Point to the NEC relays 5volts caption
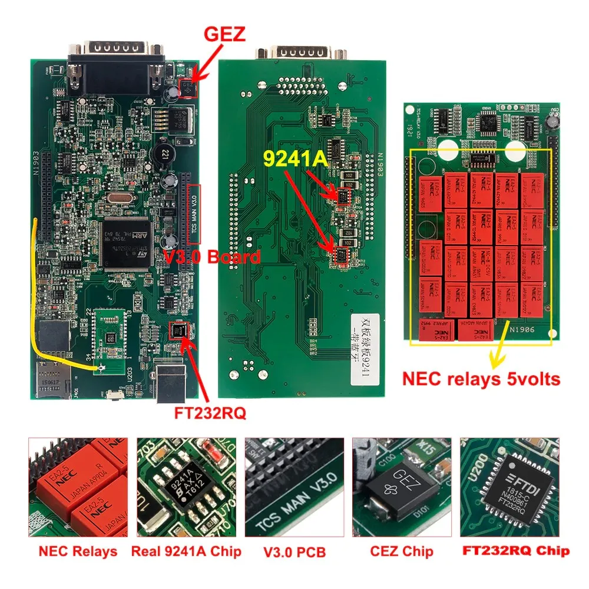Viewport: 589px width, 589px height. click(481, 379)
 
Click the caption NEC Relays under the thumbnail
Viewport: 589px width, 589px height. click(78, 551)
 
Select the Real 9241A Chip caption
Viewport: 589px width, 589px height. click(186, 551)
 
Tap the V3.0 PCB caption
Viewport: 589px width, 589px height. click(294, 552)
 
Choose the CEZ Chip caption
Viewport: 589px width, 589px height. click(402, 551)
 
